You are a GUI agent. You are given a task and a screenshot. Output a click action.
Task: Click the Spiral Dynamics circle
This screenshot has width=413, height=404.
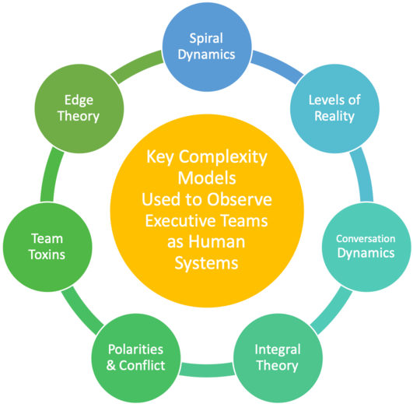[207, 47]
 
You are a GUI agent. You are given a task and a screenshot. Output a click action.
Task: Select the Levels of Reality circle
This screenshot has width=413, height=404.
[334, 108]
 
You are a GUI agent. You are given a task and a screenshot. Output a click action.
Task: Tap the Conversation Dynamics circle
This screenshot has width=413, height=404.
[366, 247]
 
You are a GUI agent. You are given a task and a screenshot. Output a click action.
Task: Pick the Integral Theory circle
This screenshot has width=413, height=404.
[278, 358]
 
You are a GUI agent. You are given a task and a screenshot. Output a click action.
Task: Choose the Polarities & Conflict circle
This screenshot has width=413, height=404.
[136, 358]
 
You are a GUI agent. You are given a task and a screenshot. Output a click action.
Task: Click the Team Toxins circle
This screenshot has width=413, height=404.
[47, 247]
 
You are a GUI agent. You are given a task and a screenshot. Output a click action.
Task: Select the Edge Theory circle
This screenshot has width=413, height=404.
[79, 108]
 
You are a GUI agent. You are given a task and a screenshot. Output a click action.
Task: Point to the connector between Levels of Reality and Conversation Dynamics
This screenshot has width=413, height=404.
[363, 174]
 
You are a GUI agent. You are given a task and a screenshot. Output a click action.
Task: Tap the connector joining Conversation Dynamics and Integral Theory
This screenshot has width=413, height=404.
[332, 311]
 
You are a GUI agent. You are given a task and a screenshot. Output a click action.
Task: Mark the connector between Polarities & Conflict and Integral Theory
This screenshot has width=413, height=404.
[207, 370]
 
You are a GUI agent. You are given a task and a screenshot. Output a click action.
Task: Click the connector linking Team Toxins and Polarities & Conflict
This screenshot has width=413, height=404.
[82, 309]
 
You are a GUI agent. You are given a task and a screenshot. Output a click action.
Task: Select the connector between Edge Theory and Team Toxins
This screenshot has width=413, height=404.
[51, 174]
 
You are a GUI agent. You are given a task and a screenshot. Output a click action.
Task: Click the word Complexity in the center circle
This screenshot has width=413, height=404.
[222, 157]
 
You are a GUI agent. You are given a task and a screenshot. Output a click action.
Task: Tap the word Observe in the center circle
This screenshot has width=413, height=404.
[239, 199]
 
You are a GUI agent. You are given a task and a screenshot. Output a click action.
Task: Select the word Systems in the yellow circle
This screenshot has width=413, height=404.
[207, 264]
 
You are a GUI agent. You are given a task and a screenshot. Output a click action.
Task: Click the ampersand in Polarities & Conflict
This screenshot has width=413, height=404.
[111, 366]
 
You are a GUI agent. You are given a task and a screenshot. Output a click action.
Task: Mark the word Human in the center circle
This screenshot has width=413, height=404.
[217, 242]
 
